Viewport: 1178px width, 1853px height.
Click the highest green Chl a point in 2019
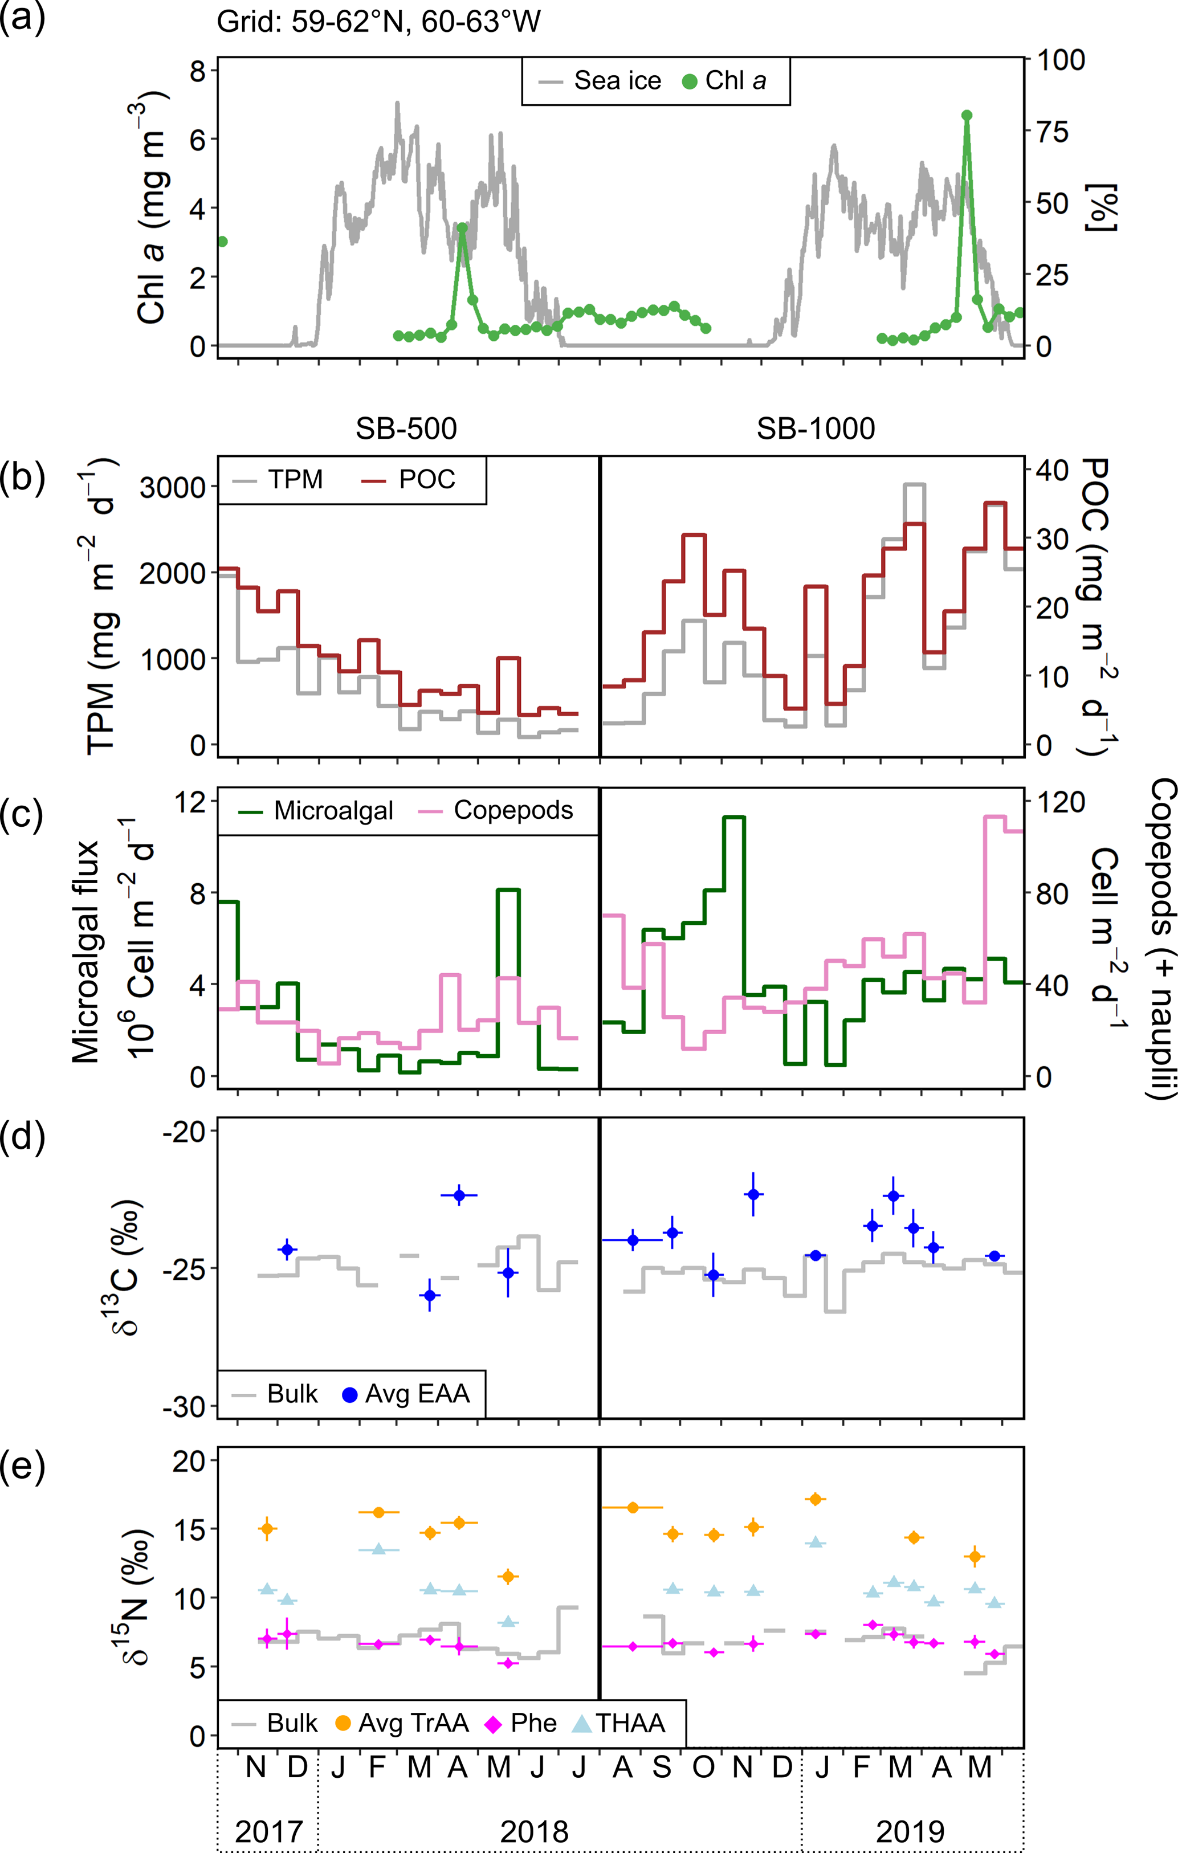(x=967, y=116)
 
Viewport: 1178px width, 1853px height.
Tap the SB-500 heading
(x=406, y=428)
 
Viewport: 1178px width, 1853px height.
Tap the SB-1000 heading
(x=816, y=428)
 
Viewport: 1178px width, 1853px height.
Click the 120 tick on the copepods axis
(x=1060, y=802)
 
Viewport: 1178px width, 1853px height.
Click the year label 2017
(x=268, y=1832)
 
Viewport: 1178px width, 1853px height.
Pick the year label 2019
(x=910, y=1832)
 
